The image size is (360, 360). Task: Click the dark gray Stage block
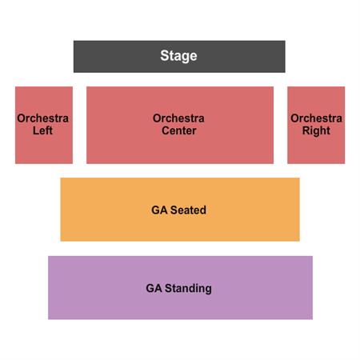click(179, 57)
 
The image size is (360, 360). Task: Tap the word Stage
click(178, 56)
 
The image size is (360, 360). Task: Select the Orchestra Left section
click(44, 125)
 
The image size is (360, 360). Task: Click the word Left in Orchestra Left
click(42, 130)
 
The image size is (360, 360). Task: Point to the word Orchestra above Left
click(42, 118)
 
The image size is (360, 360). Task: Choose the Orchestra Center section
click(180, 125)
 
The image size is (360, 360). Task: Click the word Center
click(179, 130)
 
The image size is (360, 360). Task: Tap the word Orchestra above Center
click(178, 118)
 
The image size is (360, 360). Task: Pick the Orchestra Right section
click(316, 125)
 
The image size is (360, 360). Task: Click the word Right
click(316, 131)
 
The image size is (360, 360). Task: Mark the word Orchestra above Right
click(316, 118)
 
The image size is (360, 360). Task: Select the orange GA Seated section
click(180, 210)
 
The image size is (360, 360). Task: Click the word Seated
click(188, 210)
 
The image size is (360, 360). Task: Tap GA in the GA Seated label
click(159, 210)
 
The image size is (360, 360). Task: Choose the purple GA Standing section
click(180, 287)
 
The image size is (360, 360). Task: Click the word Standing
click(188, 289)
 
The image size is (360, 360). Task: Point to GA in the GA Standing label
click(154, 288)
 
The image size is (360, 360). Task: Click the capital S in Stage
click(165, 56)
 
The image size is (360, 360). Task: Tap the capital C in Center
click(166, 130)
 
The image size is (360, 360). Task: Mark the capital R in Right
click(306, 130)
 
